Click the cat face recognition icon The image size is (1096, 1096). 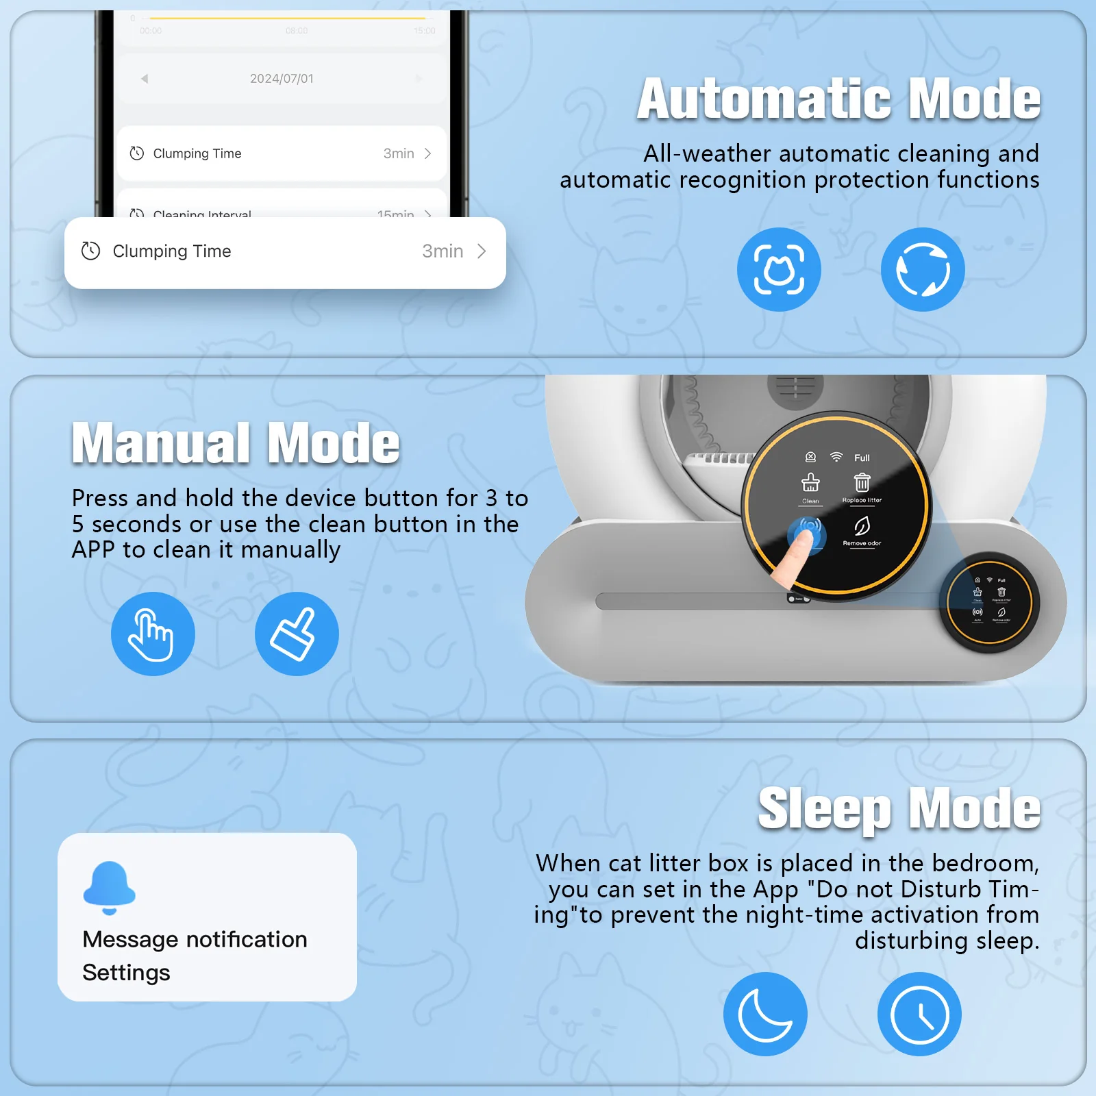tap(779, 269)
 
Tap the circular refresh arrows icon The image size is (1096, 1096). tap(923, 269)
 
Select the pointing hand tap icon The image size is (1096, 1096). tap(153, 634)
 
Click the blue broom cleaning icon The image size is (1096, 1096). tap(297, 634)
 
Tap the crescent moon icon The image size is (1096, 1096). tap(765, 1014)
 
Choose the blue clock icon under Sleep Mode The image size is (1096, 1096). tap(919, 1014)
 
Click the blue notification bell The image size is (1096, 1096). tap(109, 886)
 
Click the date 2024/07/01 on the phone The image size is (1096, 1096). tap(282, 79)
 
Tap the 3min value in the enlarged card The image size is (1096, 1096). tap(443, 251)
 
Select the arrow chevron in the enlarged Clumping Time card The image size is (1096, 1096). tap(482, 251)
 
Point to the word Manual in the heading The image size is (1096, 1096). tap(162, 444)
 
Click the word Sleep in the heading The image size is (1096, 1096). tap(824, 809)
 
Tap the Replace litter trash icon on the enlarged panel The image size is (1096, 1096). tap(862, 483)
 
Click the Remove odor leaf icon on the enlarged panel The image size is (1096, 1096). tap(862, 526)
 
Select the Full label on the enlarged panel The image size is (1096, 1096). tap(862, 458)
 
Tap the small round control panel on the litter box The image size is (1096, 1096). tap(989, 602)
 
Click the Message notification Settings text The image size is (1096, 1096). tap(195, 956)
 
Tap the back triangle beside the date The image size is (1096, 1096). tap(145, 79)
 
